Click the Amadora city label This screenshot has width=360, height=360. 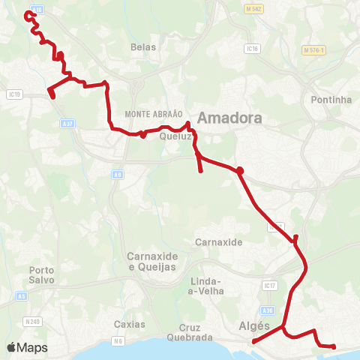coord(229,119)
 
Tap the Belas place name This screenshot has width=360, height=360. coord(142,46)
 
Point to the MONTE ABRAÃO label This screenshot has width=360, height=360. coord(154,112)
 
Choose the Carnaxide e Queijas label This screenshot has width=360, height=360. coord(153,261)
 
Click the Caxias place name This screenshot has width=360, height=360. coord(130,324)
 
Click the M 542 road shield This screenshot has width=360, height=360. coord(256,8)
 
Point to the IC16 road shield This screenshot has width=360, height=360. coord(253,48)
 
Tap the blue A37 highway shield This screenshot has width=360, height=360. coord(68,122)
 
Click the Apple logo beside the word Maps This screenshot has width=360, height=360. coord(11,348)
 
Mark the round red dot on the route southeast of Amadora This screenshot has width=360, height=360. coord(240,171)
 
